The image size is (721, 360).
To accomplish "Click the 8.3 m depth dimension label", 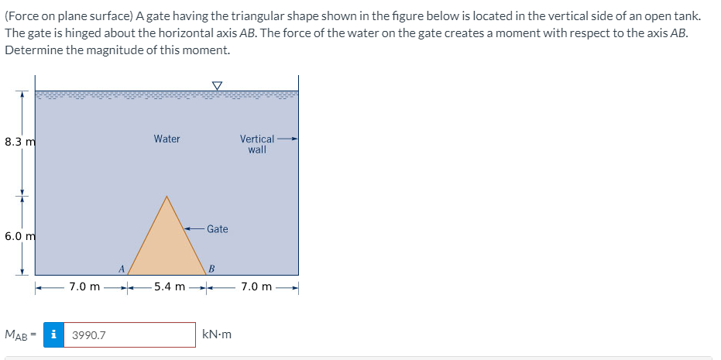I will (20, 142).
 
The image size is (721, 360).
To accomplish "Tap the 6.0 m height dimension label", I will (20, 236).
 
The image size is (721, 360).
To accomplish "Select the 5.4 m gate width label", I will (170, 286).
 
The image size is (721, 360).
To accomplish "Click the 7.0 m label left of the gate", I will (84, 286).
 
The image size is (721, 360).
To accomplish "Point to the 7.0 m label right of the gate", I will (256, 286).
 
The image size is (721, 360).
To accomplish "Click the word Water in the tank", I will (167, 139).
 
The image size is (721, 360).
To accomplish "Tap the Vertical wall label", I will (257, 144).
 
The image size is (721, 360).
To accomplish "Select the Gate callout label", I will (218, 229).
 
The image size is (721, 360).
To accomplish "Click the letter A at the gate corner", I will (121, 269).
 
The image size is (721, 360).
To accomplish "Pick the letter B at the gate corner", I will (211, 269).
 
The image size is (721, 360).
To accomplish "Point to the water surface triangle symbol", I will (216, 85).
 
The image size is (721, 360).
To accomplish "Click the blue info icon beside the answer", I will (53, 335).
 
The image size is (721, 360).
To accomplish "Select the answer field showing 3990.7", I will (129, 335).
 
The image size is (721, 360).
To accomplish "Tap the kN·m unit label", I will (217, 335).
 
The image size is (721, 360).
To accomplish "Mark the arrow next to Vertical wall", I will (287, 139).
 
